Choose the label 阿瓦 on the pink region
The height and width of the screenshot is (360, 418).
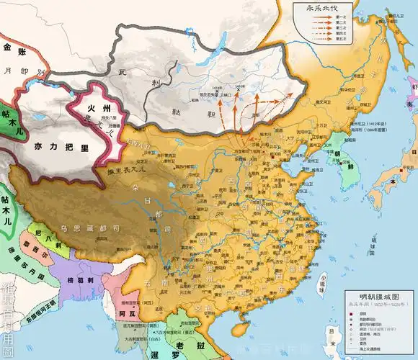(x=107, y=314)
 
